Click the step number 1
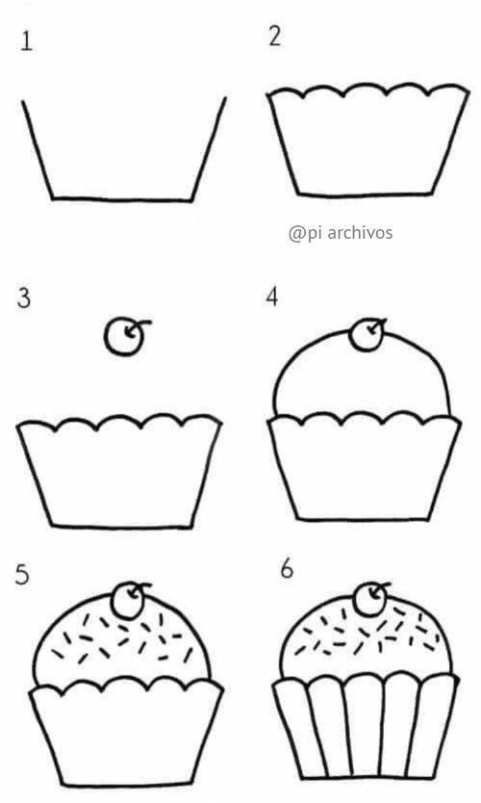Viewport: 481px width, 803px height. click(x=27, y=41)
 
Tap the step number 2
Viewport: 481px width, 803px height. click(x=275, y=37)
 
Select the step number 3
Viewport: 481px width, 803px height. click(x=23, y=298)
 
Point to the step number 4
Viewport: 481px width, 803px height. click(x=271, y=297)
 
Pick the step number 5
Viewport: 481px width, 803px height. click(x=22, y=575)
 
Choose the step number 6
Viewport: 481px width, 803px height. click(x=287, y=568)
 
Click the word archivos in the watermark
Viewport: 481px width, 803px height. click(x=360, y=232)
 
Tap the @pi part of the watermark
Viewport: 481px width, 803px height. click(x=305, y=234)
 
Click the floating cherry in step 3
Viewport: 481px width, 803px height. click(x=123, y=338)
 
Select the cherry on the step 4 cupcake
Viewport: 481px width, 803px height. click(x=366, y=334)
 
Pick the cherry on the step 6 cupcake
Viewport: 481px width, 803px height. click(x=369, y=599)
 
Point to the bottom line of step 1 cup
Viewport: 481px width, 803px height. click(x=122, y=199)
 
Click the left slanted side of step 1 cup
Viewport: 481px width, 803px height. click(x=38, y=149)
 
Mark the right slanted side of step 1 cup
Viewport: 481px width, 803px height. click(x=209, y=148)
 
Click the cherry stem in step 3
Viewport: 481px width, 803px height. click(x=139, y=325)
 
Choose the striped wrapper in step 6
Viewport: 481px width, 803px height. click(x=366, y=727)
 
